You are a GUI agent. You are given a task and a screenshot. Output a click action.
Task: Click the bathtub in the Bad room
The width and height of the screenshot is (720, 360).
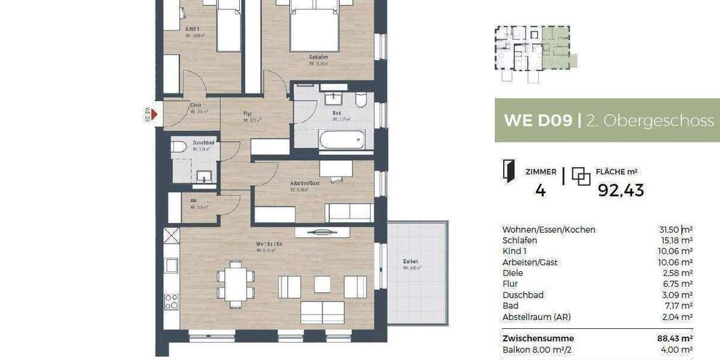tap(341, 140)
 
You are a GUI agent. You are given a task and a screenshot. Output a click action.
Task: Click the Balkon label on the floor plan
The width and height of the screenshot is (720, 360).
tap(410, 262)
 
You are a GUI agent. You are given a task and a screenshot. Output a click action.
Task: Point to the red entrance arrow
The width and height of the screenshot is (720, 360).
tap(154, 114)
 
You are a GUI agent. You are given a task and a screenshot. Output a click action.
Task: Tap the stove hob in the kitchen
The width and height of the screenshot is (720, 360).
tap(171, 300)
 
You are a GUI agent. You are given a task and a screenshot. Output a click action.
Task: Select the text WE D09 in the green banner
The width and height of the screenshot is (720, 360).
tap(537, 121)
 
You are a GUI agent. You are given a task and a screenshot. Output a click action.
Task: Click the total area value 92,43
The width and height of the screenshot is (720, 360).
tap(621, 190)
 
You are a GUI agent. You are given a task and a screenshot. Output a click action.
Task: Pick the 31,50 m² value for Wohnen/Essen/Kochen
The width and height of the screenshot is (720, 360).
tap(676, 230)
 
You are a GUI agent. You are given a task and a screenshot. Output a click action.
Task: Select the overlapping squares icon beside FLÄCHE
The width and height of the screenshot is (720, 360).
tap(581, 176)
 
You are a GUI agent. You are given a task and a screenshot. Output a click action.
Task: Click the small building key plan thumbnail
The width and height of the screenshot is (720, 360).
tap(534, 53)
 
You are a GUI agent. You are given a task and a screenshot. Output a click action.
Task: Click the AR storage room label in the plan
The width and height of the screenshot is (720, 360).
tap(194, 202)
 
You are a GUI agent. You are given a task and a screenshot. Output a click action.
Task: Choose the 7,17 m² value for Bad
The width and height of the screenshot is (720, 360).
tap(679, 306)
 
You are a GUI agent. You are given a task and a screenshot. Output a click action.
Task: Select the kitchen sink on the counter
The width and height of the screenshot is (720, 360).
tap(171, 264)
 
